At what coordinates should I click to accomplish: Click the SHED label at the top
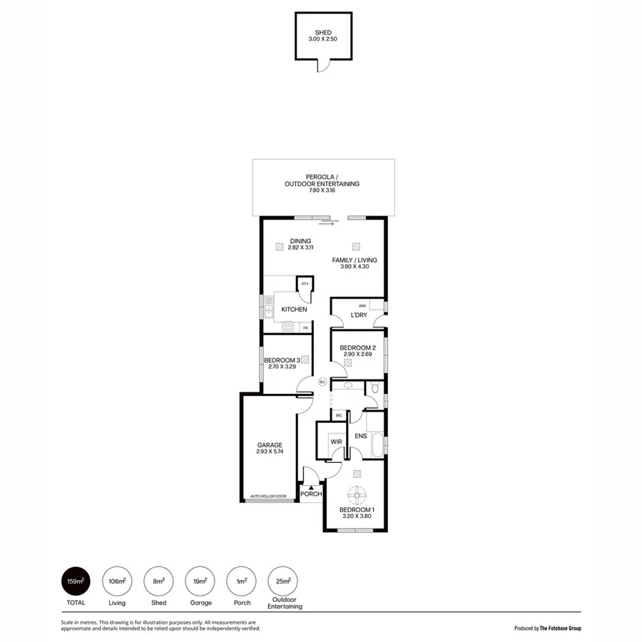coord(324,33)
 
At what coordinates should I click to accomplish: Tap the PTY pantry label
coord(305,284)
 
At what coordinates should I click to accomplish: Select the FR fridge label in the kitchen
coord(305,327)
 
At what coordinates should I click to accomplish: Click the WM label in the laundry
coord(362,305)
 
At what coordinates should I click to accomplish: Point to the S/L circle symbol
coord(322,382)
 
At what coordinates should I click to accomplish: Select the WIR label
coord(337,442)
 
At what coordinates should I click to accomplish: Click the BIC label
coord(339,414)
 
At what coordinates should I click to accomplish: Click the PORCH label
coord(310,494)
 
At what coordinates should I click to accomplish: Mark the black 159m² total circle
coord(76,581)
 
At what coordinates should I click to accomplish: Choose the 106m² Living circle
coord(116,581)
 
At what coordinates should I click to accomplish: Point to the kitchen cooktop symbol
coord(289,327)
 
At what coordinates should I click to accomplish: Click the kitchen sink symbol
coord(269,309)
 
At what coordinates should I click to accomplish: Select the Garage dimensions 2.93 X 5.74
coord(270,452)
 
